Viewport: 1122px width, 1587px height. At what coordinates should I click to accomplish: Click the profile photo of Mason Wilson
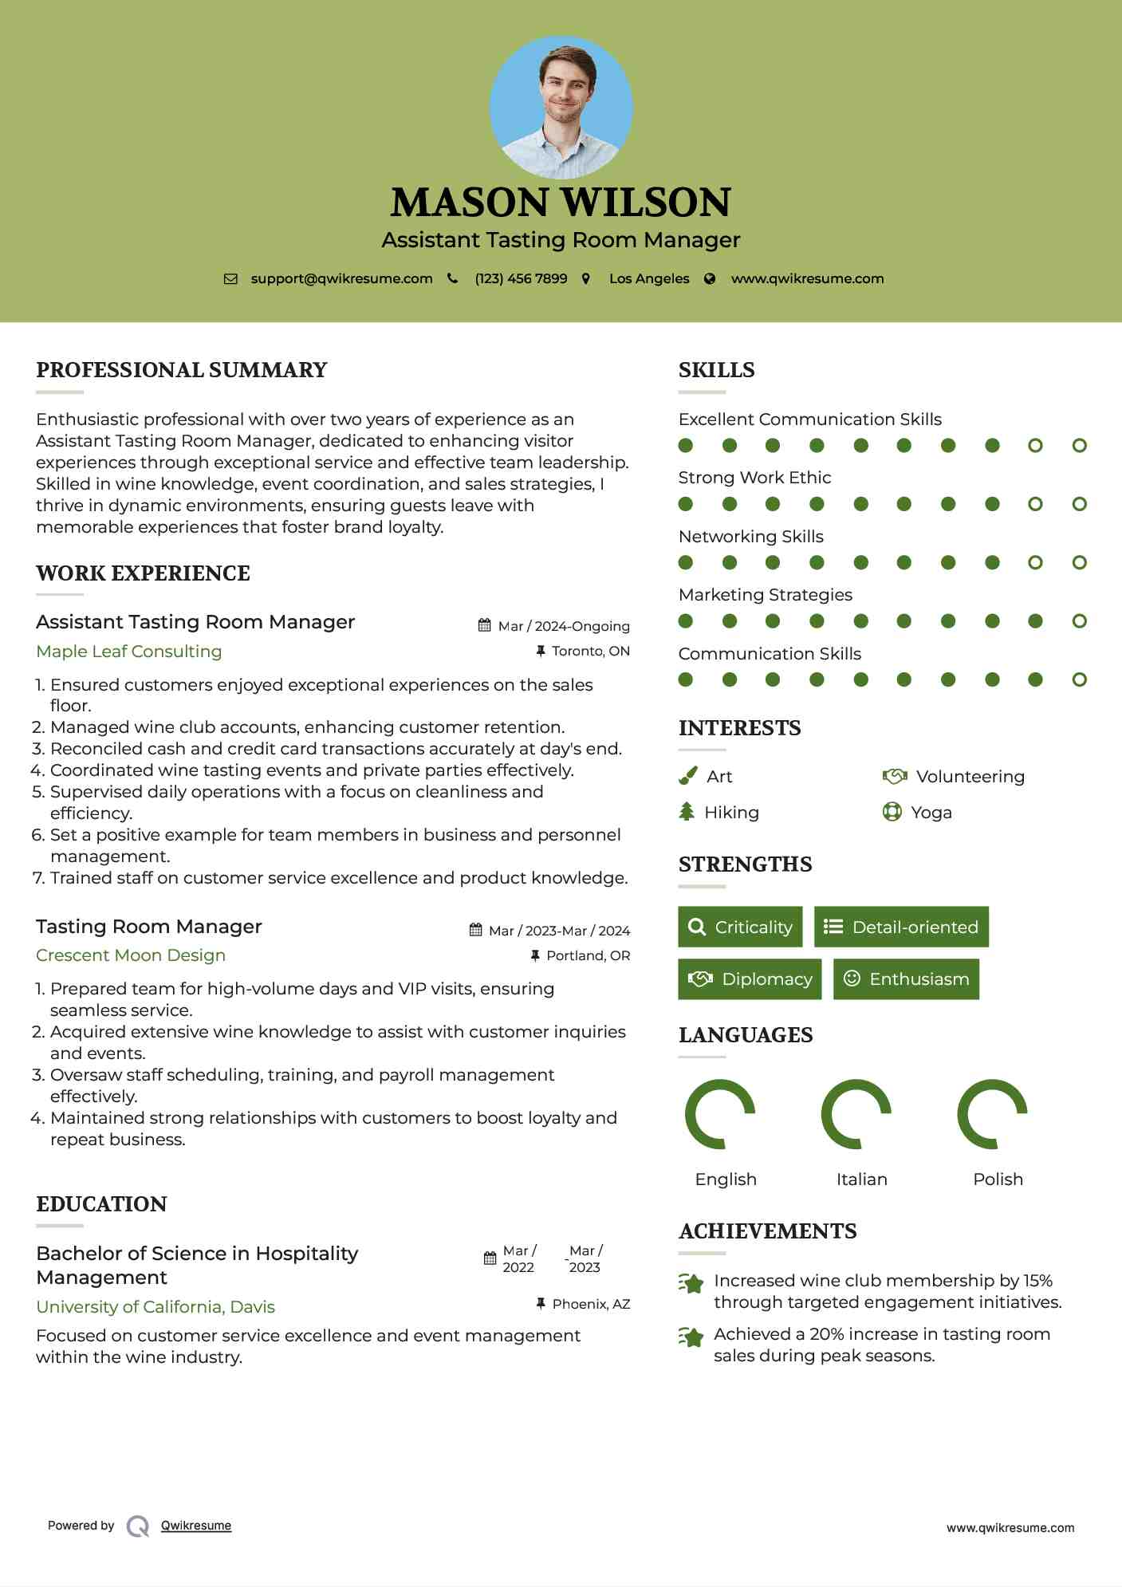coord(561,107)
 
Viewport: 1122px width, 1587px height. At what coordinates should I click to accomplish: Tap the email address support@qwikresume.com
coord(341,278)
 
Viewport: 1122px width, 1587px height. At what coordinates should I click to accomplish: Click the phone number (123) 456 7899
coord(521,278)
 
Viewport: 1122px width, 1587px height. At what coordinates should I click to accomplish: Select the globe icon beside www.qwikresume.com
coord(710,278)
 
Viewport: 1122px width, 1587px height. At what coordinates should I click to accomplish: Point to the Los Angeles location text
coord(648,278)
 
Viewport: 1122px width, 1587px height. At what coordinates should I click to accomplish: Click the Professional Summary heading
coord(182,370)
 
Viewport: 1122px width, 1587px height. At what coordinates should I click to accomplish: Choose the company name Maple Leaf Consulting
coord(129,651)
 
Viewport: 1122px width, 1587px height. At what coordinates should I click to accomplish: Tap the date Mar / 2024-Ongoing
coord(563,626)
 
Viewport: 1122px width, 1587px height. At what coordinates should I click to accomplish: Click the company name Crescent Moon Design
coord(131,955)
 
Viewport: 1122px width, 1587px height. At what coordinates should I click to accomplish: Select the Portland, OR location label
coord(588,955)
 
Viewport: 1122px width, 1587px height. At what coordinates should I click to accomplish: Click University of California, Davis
coord(156,1306)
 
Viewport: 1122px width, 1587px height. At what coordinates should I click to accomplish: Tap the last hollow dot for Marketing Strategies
coord(1079,620)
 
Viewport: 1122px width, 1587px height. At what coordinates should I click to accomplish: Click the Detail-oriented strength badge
coord(901,927)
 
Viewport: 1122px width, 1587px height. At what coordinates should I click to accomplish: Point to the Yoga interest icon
coord(892,812)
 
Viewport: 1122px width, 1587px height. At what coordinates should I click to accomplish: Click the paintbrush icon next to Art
coord(687,776)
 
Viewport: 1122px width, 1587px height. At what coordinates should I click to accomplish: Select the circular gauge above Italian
coord(856,1113)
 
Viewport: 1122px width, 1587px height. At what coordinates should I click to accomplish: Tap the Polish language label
coord(998,1179)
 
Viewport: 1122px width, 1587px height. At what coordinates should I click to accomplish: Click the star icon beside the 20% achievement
coord(691,1337)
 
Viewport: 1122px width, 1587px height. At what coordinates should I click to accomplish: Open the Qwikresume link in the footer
coord(196,1525)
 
